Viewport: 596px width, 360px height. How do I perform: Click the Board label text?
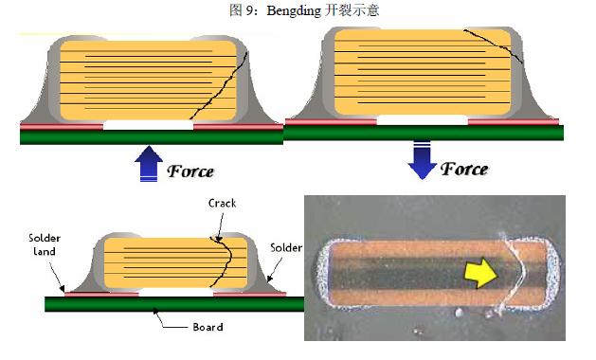pos(207,327)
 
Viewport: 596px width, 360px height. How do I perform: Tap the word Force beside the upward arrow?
pos(190,171)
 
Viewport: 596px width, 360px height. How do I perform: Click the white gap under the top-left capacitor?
pos(148,125)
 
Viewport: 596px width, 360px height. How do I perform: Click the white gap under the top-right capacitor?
pos(422,121)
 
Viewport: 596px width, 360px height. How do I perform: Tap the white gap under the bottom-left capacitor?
pos(177,294)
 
